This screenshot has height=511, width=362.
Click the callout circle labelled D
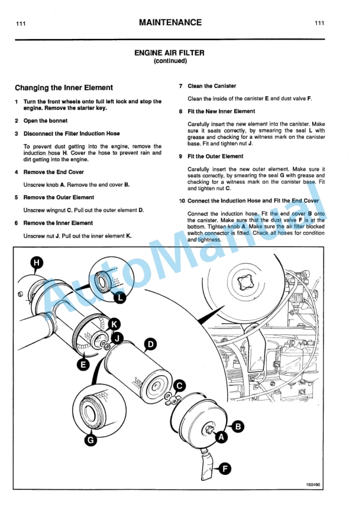[151, 344]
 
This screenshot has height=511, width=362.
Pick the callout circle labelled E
[84, 365]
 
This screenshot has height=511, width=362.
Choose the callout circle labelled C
[180, 386]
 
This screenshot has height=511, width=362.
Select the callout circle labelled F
[225, 469]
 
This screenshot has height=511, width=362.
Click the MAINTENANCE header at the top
[170, 23]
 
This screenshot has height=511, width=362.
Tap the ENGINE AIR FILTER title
[169, 53]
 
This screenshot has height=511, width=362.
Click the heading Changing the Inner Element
[63, 88]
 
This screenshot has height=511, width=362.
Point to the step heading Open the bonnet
[46, 121]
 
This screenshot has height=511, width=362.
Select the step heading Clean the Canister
[212, 86]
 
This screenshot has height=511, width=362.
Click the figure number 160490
[313, 486]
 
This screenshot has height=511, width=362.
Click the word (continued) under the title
[170, 61]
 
